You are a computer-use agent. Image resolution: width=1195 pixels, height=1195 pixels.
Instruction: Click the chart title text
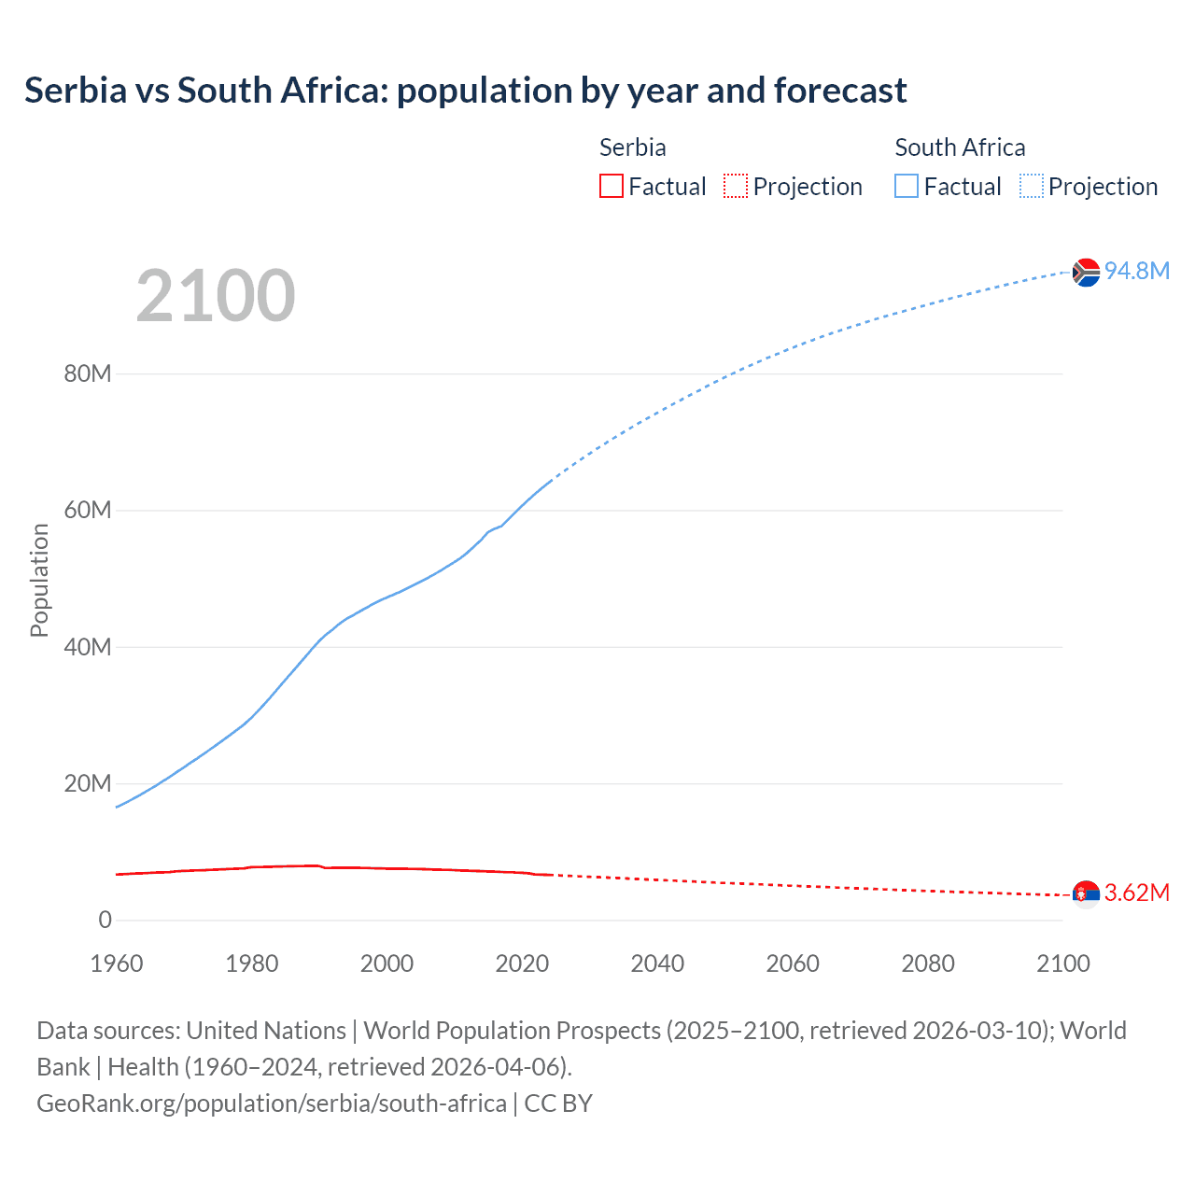(x=465, y=91)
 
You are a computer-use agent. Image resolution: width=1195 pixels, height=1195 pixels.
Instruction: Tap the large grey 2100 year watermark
(x=216, y=296)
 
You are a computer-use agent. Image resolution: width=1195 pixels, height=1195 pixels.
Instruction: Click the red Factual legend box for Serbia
(x=612, y=187)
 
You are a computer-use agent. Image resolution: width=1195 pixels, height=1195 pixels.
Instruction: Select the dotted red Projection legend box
(x=736, y=187)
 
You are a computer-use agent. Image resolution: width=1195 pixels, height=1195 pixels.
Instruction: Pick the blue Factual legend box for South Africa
(x=907, y=187)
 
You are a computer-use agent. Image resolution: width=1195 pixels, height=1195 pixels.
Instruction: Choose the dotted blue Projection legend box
(x=1032, y=187)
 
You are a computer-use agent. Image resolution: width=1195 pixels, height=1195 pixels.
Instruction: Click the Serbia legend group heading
(x=632, y=148)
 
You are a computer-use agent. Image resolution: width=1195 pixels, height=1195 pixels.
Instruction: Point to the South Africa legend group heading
(x=960, y=148)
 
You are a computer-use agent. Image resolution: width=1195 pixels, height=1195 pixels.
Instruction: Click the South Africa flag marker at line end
(x=1085, y=272)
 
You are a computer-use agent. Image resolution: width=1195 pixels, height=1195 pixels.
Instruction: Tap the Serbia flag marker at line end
(x=1085, y=894)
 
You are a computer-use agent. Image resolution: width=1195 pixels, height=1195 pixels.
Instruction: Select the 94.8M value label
(x=1137, y=271)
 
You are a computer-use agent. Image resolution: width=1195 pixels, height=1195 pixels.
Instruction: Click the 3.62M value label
(x=1137, y=893)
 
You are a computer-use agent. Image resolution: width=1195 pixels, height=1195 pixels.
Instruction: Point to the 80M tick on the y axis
(x=88, y=374)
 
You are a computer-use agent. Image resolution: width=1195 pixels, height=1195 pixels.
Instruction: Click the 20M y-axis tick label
(x=88, y=783)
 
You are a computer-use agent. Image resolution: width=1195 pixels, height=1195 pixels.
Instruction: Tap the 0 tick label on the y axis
(x=105, y=920)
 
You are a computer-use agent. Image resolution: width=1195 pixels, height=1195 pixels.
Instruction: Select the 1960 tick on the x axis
(x=117, y=963)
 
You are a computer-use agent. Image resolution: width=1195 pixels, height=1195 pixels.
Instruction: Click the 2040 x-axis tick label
(x=657, y=963)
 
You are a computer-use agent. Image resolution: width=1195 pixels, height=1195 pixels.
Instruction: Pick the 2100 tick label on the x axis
(x=1062, y=963)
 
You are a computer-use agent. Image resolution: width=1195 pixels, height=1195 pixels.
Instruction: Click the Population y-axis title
(x=39, y=580)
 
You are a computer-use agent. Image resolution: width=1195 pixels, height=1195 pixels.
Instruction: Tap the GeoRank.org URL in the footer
(x=272, y=1104)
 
